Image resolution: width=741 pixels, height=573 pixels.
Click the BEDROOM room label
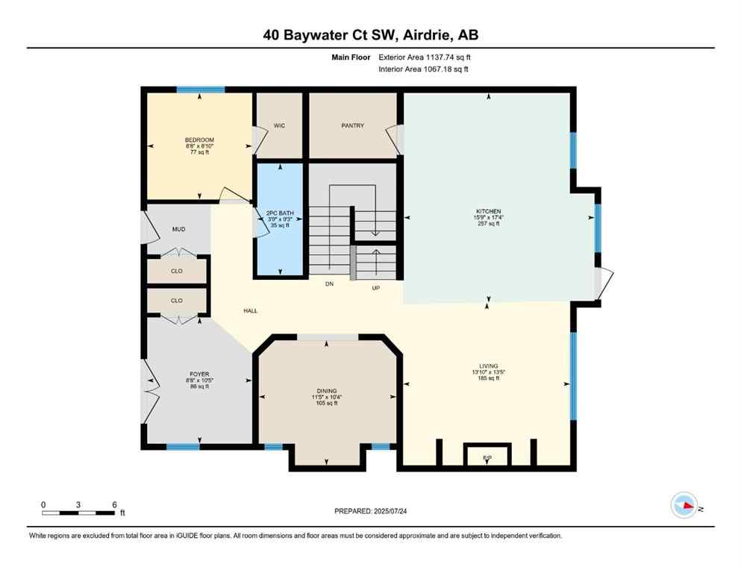point(199,140)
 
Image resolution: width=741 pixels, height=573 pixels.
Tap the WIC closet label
point(279,125)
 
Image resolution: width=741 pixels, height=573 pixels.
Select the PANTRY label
point(352,125)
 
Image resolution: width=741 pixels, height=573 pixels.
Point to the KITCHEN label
point(488,211)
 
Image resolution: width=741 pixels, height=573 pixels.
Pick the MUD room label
point(178,229)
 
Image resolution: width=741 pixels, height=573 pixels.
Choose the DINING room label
point(326,391)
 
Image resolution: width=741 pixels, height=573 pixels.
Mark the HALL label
point(250,310)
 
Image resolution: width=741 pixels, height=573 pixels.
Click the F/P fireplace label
point(487,457)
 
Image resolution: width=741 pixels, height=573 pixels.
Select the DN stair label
point(329,284)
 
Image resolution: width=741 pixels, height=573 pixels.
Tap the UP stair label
point(377,286)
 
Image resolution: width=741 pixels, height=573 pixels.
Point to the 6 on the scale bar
point(113,504)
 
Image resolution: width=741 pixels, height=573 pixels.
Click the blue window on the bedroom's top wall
point(200,90)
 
